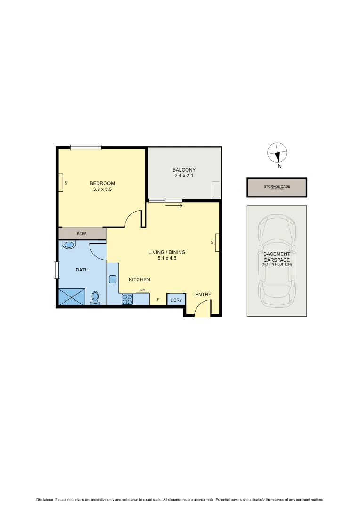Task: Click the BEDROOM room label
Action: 102,183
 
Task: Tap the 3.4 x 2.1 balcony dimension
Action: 184,176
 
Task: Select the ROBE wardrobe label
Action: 82,233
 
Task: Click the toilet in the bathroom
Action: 95,298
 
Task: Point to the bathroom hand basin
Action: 69,245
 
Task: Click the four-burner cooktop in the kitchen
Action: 127,299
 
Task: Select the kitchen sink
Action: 113,279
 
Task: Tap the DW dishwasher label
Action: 142,290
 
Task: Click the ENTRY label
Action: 203,295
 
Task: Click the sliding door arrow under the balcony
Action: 173,205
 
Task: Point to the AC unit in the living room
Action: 217,242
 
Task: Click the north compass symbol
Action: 277,153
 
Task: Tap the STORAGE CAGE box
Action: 277,187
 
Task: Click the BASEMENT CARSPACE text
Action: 277,256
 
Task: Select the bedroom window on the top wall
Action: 86,148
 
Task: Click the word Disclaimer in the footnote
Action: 45,499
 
